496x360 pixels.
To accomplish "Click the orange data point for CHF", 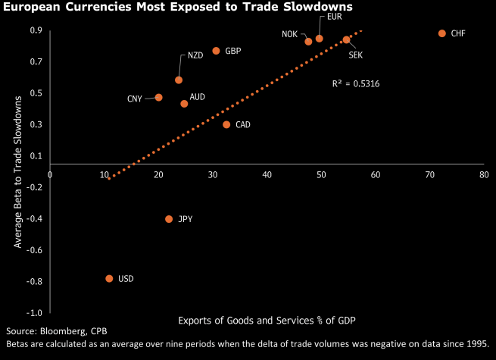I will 442,34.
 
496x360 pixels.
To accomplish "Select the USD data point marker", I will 110,279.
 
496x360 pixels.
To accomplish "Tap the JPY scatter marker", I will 169,219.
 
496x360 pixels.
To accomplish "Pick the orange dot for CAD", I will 226,124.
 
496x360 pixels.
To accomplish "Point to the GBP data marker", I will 216,51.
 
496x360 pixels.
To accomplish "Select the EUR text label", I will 334,17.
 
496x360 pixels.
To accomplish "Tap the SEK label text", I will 355,55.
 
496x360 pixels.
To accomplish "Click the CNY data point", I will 158,98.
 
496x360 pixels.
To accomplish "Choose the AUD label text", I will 198,97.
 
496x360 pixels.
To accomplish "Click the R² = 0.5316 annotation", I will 356,83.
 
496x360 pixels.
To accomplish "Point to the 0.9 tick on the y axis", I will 36,31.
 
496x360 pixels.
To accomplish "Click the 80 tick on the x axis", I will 483,174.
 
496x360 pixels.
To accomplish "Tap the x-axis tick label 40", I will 267,174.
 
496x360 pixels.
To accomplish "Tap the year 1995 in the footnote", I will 477,344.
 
